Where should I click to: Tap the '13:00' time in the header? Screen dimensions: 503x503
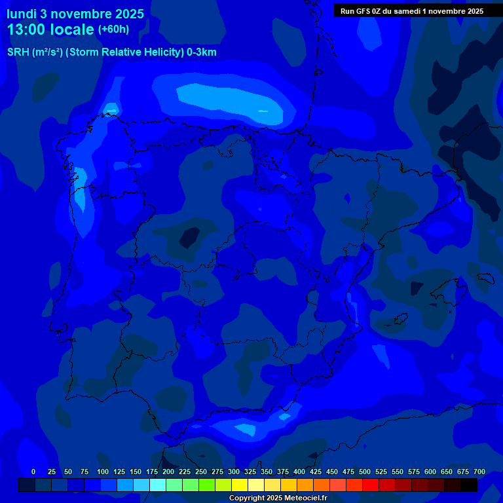coord(27,29)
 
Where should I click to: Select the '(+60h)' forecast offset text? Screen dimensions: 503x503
coord(113,29)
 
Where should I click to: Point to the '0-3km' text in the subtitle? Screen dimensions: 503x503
coord(202,52)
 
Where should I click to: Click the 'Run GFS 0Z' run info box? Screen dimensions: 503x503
coord(412,11)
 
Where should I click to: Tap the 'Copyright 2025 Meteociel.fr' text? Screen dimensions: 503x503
coord(278,498)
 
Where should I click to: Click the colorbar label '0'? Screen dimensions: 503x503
coord(33,472)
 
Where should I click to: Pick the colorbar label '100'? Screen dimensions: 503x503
coord(103,472)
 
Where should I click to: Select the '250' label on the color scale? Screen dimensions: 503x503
coord(201,472)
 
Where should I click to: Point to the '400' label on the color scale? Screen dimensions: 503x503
coord(299,472)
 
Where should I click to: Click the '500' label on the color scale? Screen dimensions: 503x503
coord(365,472)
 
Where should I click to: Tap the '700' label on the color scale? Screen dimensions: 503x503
coord(479,472)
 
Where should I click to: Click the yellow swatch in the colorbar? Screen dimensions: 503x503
coord(240,485)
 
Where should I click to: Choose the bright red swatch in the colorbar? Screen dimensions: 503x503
coord(371,485)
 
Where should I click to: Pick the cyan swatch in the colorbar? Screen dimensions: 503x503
coord(158,485)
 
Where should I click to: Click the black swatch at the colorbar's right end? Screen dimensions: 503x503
coord(469,485)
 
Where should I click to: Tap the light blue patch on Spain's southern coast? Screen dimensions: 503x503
coord(246,429)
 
